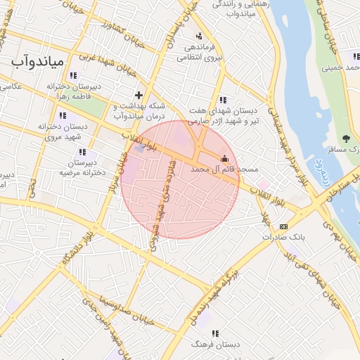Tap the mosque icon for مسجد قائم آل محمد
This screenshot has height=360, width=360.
224,158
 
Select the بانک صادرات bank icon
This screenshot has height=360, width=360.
283,226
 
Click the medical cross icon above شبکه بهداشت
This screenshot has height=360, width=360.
139,94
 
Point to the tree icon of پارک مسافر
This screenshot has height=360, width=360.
345,138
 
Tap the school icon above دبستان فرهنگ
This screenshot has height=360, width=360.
215,333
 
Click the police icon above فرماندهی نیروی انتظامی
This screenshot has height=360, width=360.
200,35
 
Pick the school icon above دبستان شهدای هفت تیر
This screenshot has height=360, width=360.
223,100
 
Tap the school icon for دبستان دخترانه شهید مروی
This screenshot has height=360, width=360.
63,115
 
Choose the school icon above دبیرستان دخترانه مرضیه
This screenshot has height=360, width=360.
83,151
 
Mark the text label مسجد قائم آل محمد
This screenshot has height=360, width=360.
220,169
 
